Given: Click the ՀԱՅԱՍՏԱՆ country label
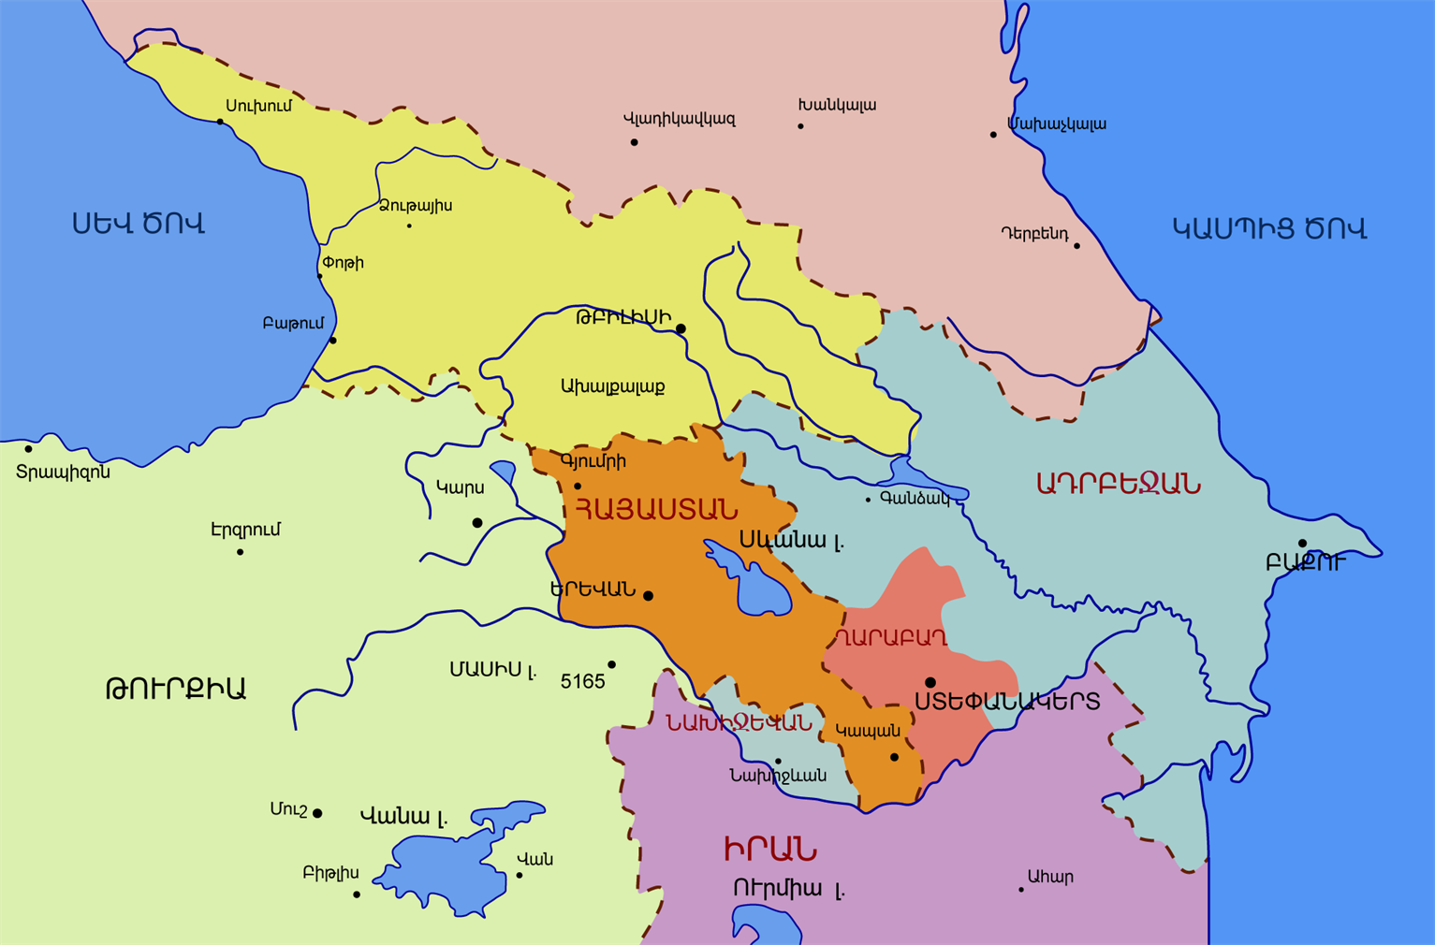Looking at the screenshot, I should [x=655, y=510].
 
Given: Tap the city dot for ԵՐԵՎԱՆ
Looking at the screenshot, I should [x=648, y=595].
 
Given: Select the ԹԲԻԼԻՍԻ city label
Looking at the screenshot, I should [x=623, y=318].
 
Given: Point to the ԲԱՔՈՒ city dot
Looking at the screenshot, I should [x=1302, y=544].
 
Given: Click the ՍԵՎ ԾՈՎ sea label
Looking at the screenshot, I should [x=139, y=224].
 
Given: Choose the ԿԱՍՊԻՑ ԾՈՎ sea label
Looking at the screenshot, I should [x=1269, y=228].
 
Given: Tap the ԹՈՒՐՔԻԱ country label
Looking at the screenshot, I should [x=175, y=689].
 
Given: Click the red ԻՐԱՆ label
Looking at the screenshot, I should [x=769, y=849].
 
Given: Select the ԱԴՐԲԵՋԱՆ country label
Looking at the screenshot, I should [x=1118, y=484].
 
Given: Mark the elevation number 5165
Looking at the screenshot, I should [x=582, y=681].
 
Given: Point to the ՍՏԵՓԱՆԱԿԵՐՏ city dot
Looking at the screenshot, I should [x=930, y=683].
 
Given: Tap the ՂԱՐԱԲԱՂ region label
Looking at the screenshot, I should [x=889, y=638].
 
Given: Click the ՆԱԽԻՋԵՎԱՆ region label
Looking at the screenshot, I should [x=739, y=722].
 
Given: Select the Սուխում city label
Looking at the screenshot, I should [x=258, y=106].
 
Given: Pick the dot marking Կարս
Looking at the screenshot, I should [x=477, y=522].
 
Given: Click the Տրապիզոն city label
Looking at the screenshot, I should [x=63, y=472].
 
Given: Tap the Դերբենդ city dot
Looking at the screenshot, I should [x=1076, y=246].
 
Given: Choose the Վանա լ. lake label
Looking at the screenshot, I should [x=403, y=816].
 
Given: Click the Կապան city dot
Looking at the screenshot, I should [x=894, y=757].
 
